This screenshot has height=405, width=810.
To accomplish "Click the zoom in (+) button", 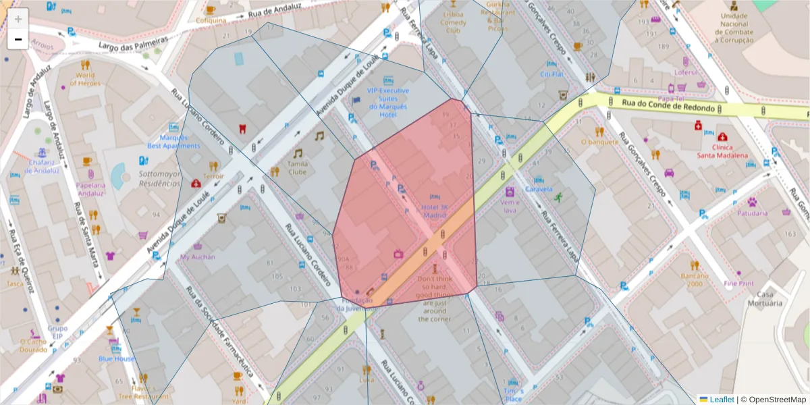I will point(18,19).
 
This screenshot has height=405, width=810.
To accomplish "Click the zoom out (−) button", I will point(18,40).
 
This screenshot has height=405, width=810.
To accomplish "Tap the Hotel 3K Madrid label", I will point(435,211).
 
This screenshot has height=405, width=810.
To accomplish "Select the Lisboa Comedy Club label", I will point(453,22).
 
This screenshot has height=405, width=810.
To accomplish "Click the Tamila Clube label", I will point(298,167).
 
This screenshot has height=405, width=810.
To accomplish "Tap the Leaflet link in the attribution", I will point(721,400).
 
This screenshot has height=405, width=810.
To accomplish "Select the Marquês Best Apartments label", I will point(173,142).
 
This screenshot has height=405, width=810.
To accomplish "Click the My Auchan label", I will point(198,256).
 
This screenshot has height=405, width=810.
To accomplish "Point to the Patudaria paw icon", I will point(751,201).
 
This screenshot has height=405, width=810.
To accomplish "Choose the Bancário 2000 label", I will point(695,279).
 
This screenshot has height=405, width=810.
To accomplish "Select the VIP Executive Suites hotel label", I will point(387,102).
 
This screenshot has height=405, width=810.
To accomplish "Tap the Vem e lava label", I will point(509,205).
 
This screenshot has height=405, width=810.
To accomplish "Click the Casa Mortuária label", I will point(764,298).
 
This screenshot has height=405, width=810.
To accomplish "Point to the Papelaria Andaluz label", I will point(90,189).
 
